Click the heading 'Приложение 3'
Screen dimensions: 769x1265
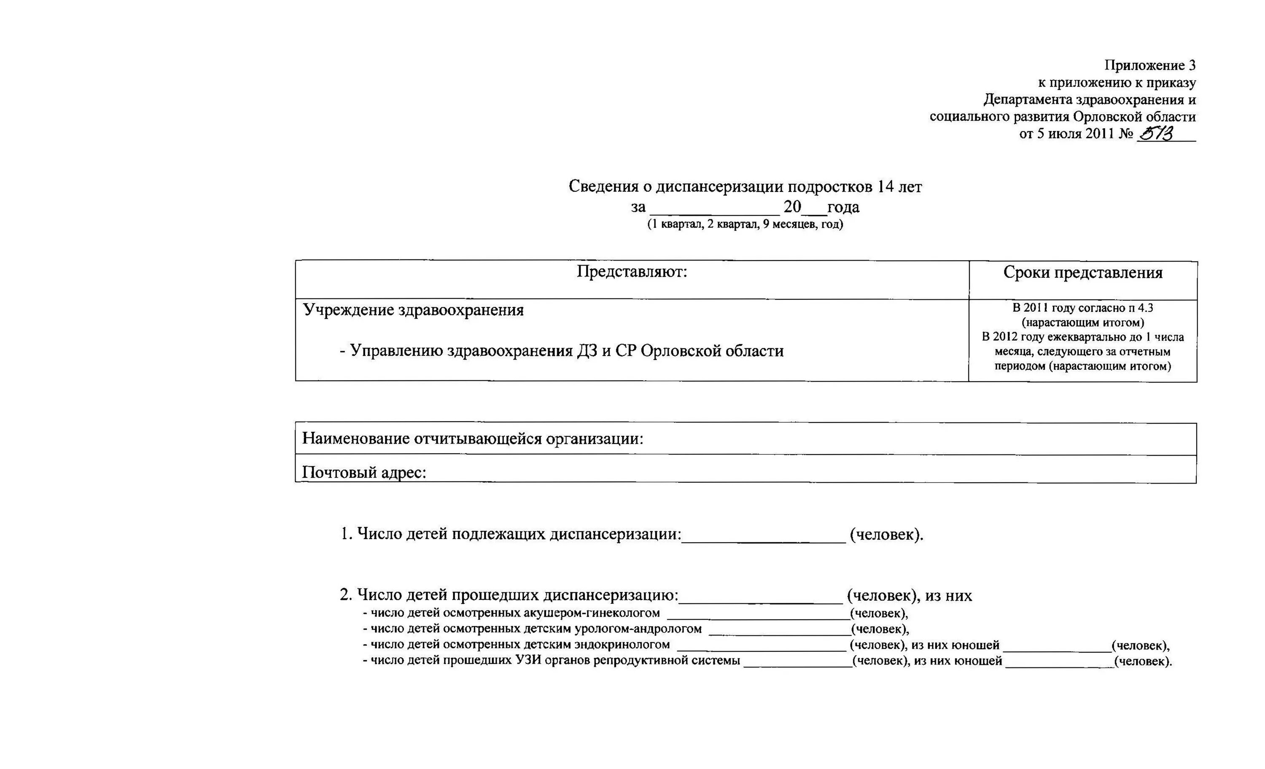[1149, 65]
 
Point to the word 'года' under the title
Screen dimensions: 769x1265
[843, 207]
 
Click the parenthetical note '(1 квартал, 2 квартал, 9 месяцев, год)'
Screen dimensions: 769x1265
[745, 224]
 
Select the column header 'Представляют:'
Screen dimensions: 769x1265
[632, 272]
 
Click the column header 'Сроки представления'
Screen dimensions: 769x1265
[1083, 273]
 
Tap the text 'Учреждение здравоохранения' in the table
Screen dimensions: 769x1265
[413, 310]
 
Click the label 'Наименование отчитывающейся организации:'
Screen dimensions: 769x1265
[472, 439]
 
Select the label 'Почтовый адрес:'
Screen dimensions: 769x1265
[364, 472]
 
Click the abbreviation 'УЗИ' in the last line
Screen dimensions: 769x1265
[528, 661]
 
